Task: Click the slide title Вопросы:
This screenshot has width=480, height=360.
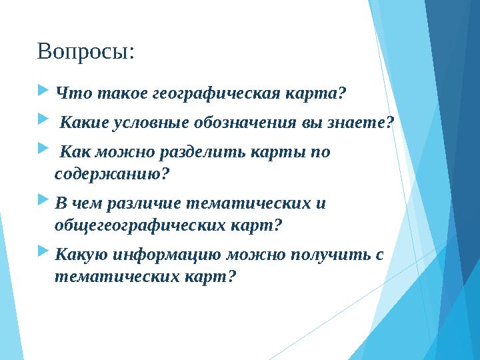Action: pos(86,51)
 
